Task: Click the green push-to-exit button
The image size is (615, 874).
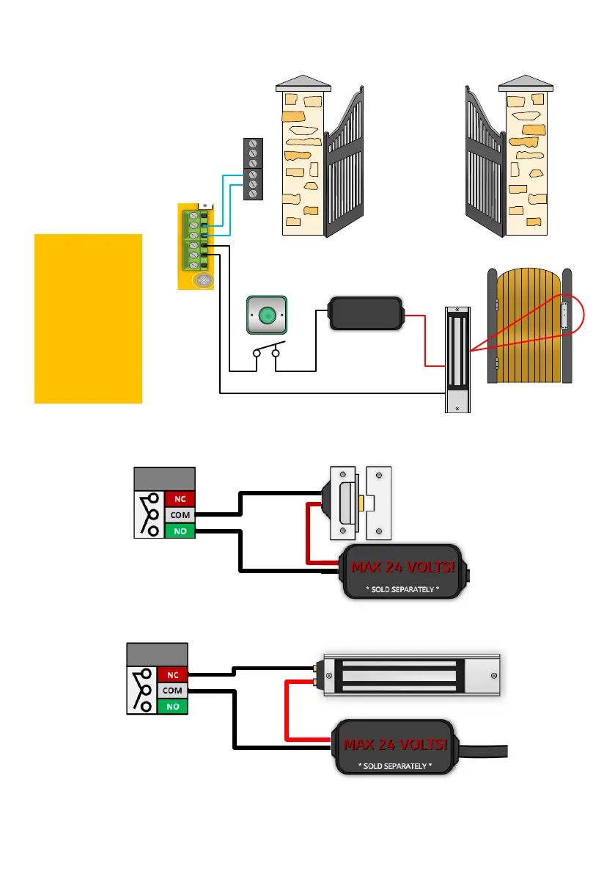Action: (268, 316)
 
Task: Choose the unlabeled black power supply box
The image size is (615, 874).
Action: (366, 314)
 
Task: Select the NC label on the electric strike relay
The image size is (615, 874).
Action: (180, 498)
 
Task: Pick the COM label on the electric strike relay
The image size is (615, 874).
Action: (180, 514)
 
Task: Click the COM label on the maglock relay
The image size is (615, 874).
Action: (172, 691)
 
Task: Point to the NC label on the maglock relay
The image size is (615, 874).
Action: (172, 674)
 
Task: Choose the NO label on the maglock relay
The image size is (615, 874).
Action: (172, 707)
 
